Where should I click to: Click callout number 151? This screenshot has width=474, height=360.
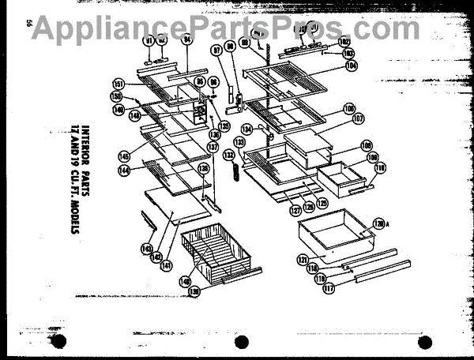[118, 83]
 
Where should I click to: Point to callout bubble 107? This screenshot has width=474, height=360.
[359, 119]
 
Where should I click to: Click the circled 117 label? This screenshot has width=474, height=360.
[329, 289]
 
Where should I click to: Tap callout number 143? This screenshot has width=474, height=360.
[146, 249]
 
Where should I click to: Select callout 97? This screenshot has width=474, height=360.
[216, 51]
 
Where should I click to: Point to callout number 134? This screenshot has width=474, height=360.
[247, 128]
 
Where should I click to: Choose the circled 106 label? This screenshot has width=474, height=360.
[348, 108]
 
